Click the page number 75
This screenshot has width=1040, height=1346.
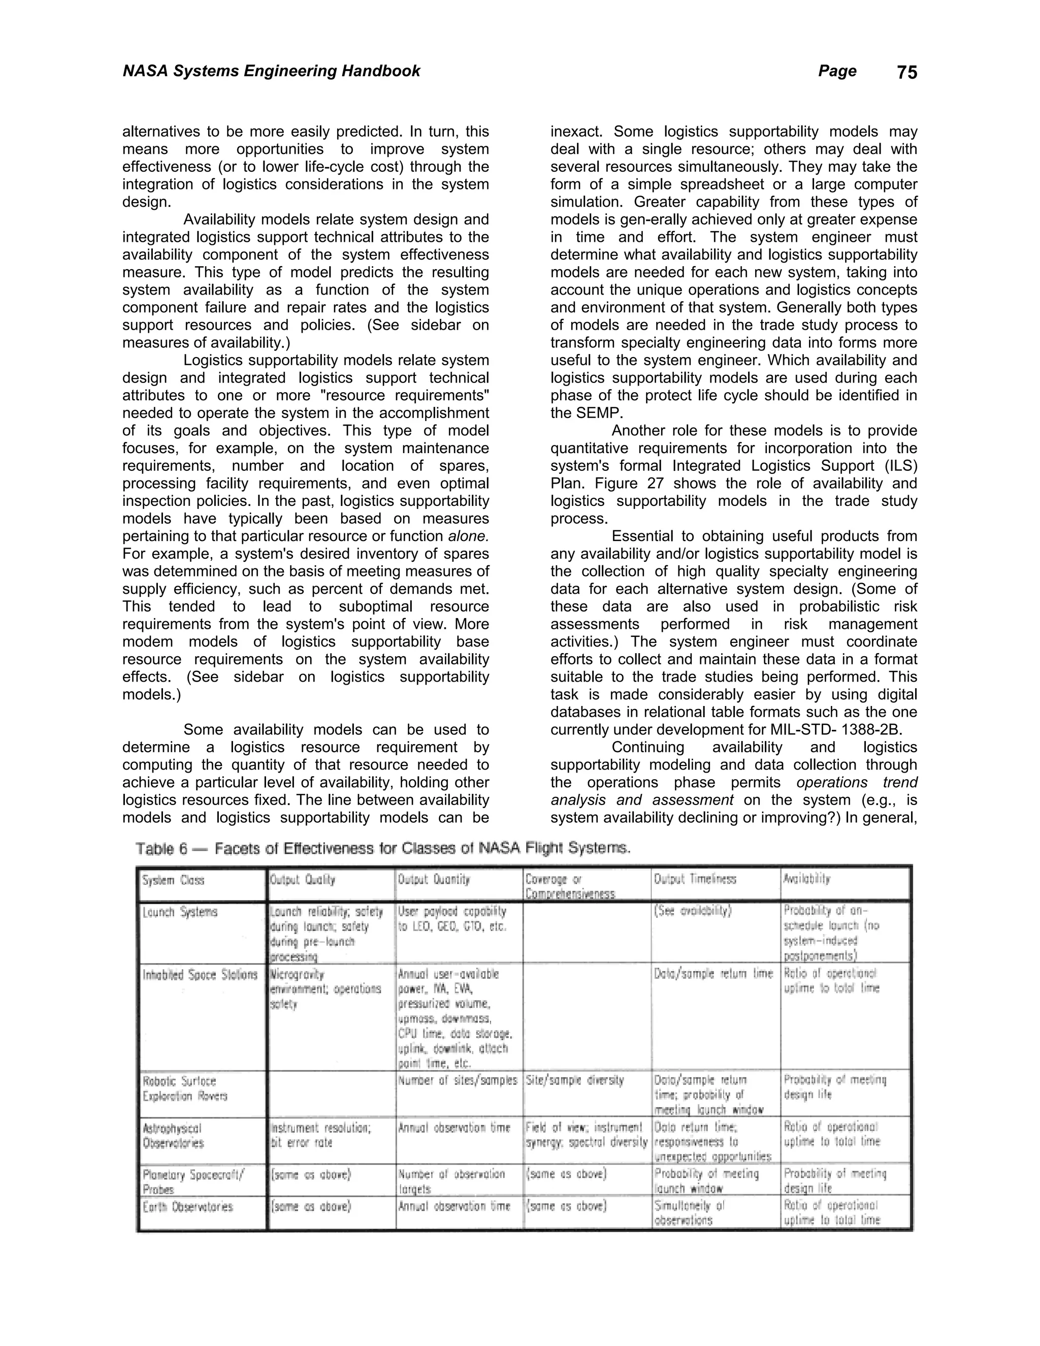906,73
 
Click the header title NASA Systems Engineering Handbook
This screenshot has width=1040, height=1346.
271,71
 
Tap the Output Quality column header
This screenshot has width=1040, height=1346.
303,879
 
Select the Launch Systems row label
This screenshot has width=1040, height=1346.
180,912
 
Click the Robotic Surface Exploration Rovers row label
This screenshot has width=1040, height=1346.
185,1088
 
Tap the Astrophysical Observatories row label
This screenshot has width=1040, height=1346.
173,1135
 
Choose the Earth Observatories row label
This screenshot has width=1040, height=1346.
187,1207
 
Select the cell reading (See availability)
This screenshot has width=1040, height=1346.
693,912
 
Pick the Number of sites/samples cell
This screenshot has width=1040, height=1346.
457,1080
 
